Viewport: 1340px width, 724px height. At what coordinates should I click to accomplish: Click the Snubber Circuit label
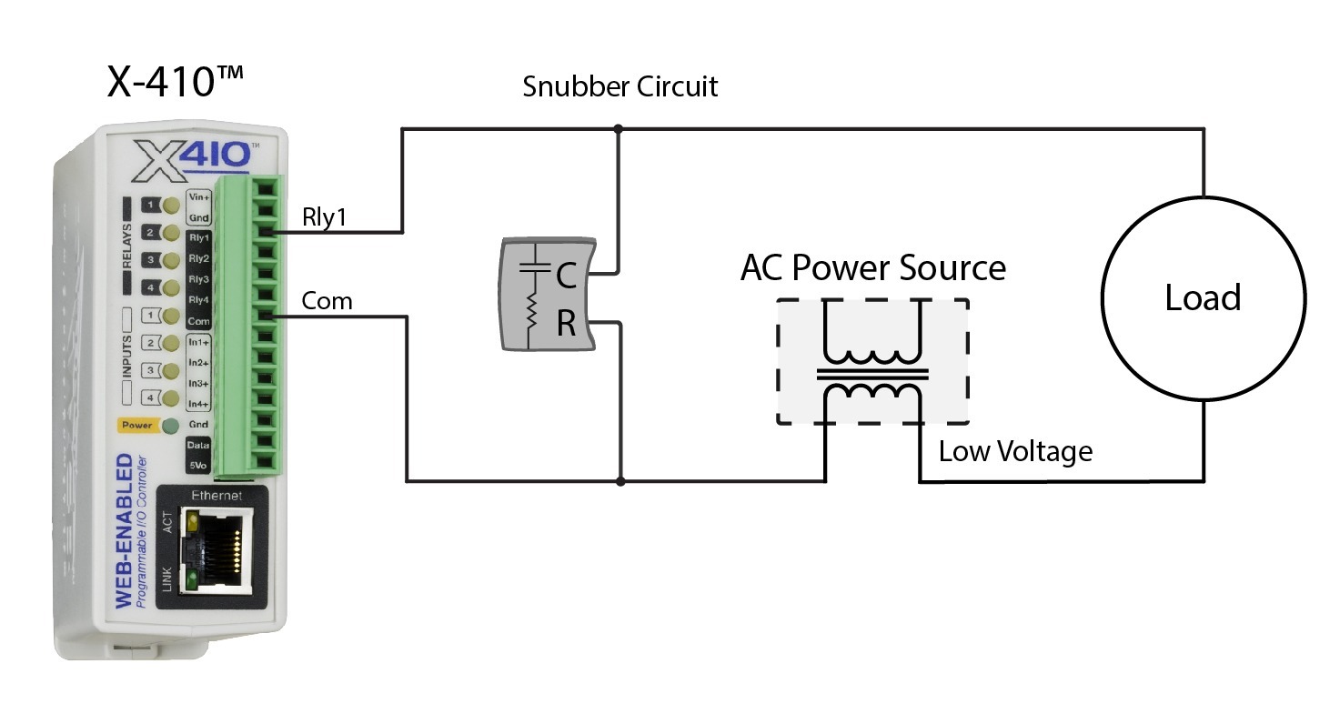click(620, 87)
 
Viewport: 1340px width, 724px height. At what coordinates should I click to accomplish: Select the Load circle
click(1203, 297)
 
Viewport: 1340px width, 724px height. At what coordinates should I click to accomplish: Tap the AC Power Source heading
click(872, 268)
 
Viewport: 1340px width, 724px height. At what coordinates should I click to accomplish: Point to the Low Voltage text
click(1015, 451)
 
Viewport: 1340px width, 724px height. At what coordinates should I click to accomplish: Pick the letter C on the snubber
click(566, 277)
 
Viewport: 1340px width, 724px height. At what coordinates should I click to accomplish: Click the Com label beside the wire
click(327, 301)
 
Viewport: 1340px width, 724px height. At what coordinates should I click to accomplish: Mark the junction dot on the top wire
click(619, 129)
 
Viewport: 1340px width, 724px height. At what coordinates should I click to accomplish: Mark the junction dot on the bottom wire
click(620, 480)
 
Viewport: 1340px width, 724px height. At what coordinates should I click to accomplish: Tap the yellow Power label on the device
click(136, 425)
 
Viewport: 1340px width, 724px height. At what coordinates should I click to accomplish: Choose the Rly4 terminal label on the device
click(198, 300)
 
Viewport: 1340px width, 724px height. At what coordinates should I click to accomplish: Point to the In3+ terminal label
click(198, 384)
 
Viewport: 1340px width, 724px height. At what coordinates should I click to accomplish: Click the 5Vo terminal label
click(198, 466)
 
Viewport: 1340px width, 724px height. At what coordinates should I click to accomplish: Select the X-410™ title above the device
click(175, 82)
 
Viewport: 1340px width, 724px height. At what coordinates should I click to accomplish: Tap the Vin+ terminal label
click(198, 196)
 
